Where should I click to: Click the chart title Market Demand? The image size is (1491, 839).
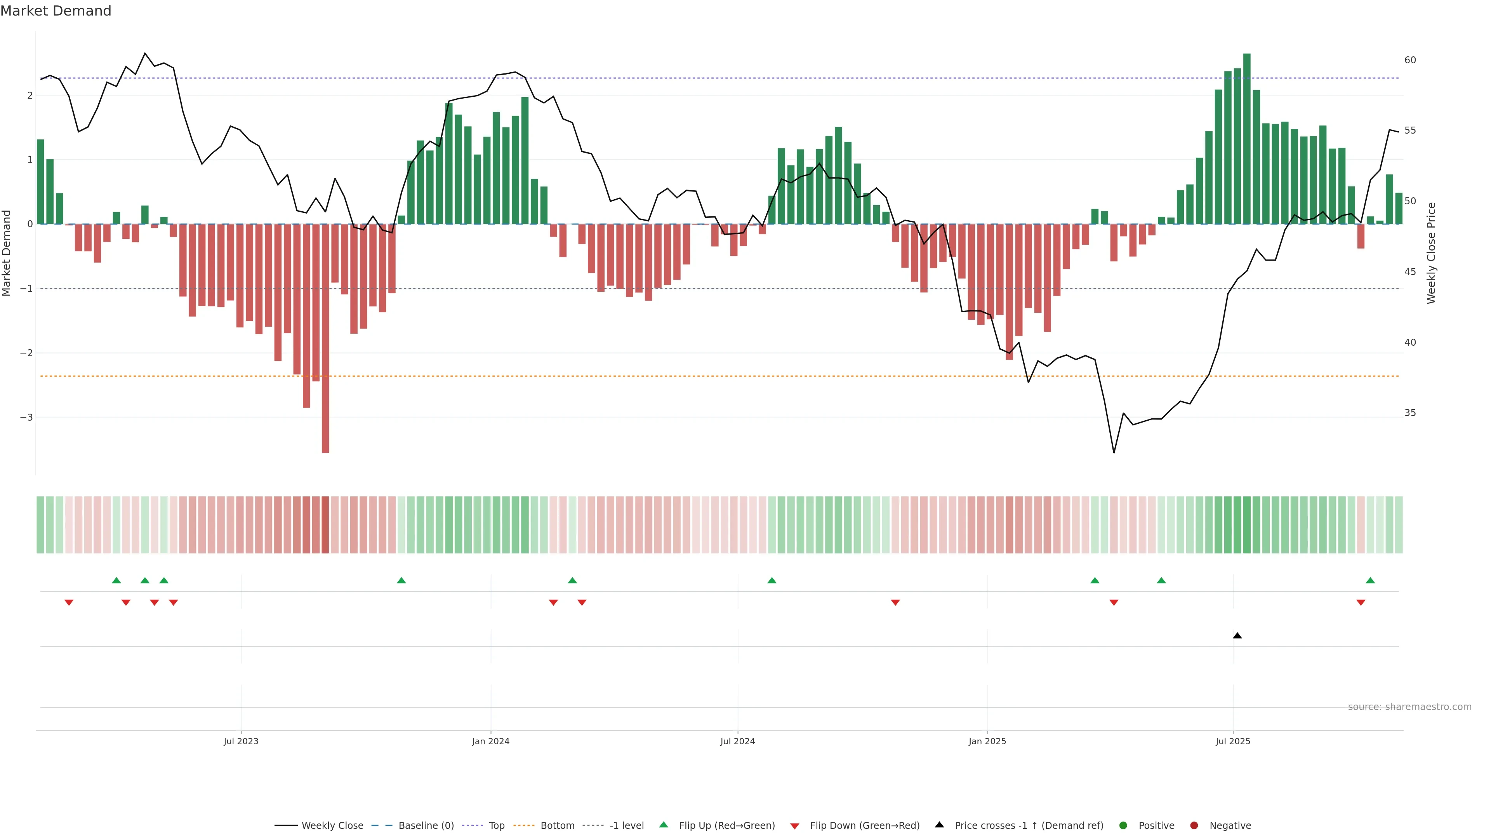click(56, 11)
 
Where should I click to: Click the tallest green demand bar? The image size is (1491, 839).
click(1247, 139)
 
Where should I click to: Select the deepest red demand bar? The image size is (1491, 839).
click(325, 338)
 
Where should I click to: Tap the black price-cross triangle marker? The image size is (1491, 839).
click(1237, 636)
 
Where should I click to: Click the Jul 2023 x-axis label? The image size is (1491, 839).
click(241, 741)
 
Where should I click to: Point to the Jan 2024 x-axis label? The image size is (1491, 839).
click(490, 741)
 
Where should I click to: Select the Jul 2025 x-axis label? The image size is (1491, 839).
click(1233, 741)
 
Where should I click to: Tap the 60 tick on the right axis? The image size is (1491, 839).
click(1410, 60)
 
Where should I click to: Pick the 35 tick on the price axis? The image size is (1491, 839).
click(1410, 413)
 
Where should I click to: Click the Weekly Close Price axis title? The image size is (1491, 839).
click(1431, 253)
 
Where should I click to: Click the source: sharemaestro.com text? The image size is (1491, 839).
click(1409, 707)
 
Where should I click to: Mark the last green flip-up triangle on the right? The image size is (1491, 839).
click(1370, 580)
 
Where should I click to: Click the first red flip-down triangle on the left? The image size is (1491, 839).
click(69, 603)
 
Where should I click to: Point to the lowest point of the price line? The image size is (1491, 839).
click(1114, 452)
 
